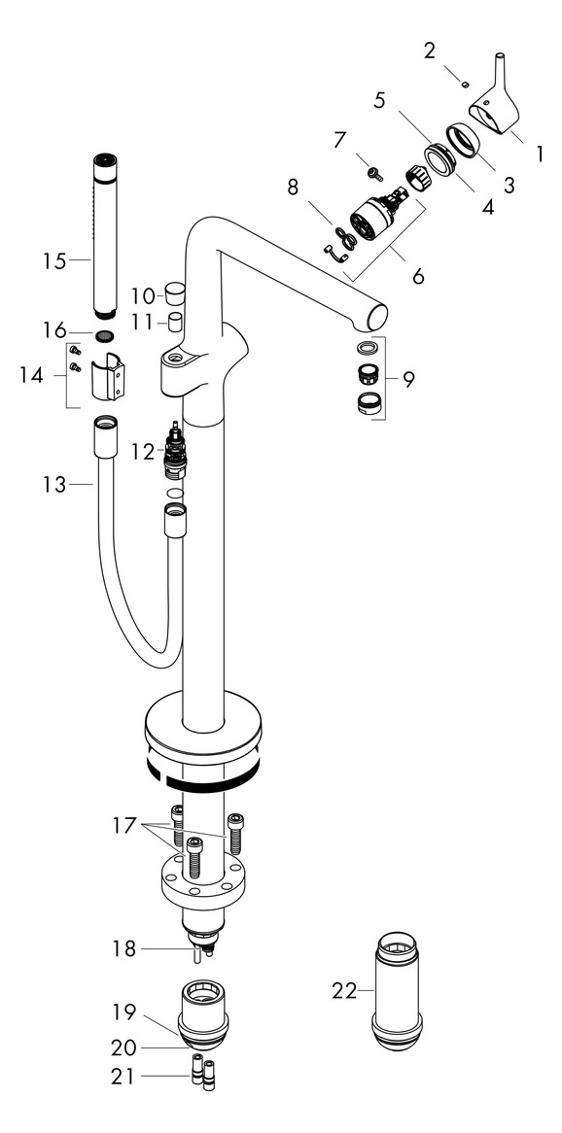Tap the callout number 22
(x=344, y=991)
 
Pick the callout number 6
(x=418, y=276)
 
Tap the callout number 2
(x=429, y=51)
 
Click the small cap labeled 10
(x=174, y=292)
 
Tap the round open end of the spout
(x=374, y=315)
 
